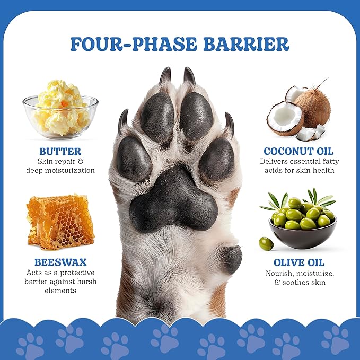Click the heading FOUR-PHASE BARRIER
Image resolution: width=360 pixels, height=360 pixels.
[180, 44]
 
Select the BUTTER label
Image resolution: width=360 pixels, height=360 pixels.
[60, 151]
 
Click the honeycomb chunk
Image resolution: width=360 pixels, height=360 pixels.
[60, 221]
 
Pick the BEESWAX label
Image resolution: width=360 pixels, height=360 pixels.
[60, 262]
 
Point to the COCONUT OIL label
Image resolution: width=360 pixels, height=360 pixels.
[299, 151]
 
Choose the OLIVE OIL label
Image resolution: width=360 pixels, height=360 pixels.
[299, 262]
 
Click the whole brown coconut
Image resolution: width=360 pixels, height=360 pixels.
[313, 106]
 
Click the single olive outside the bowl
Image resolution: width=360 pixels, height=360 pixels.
[266, 243]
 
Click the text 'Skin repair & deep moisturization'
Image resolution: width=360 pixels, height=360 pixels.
[60, 165]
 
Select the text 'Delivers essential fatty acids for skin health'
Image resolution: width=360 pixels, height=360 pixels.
[299, 165]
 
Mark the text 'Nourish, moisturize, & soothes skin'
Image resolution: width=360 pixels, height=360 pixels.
[299, 278]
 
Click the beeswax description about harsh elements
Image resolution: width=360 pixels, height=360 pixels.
[60, 282]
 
